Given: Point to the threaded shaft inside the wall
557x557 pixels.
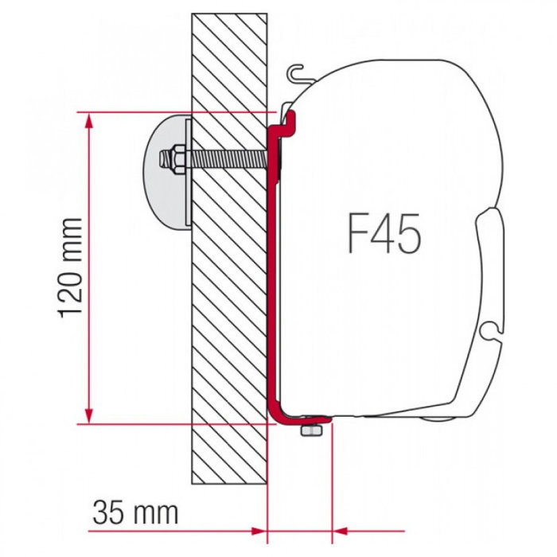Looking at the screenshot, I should tap(231, 159).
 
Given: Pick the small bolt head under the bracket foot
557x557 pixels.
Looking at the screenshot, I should tap(310, 429).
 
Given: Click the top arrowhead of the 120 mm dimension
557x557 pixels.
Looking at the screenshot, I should tap(90, 121).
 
